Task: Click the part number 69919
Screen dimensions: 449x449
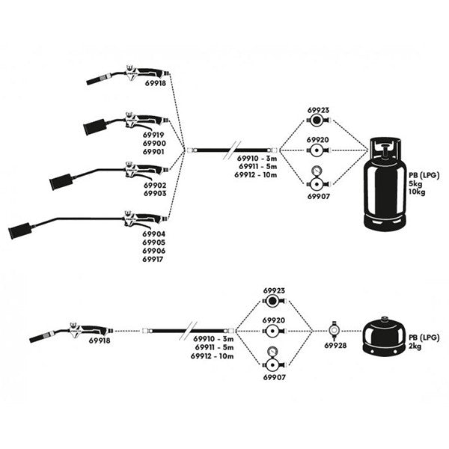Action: tap(154, 135)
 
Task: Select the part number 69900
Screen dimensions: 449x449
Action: tap(154, 143)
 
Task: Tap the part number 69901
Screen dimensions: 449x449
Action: tap(154, 151)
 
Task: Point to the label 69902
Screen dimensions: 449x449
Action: tap(154, 184)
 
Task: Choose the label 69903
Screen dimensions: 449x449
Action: tap(154, 192)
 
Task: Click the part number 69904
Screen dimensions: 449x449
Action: tap(154, 233)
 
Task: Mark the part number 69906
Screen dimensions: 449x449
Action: tap(154, 251)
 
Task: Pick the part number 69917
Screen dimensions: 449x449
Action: tap(154, 259)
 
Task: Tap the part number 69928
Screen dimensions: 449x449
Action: tap(335, 346)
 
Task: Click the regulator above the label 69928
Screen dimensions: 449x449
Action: tap(334, 329)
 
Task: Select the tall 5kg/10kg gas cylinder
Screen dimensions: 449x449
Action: tap(385, 187)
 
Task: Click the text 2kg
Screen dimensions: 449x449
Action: tap(416, 347)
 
